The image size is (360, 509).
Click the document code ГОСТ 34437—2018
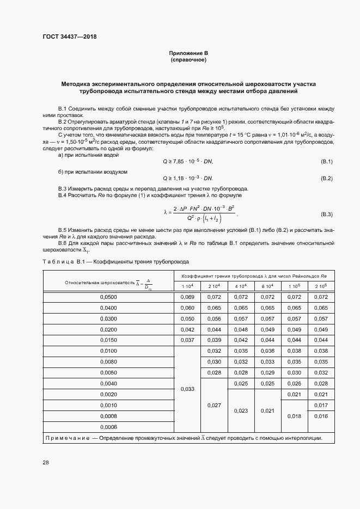click(x=70, y=37)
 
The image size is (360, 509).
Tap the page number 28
click(x=46, y=463)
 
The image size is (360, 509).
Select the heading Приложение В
click(x=188, y=53)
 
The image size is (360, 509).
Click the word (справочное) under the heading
click(x=188, y=60)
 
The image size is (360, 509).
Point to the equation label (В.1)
click(x=325, y=162)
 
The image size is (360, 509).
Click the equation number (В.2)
click(x=325, y=178)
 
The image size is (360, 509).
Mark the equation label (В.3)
click(x=325, y=214)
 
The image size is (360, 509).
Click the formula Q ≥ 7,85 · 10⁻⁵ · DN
click(x=188, y=162)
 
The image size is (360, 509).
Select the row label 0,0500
click(x=108, y=297)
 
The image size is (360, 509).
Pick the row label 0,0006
click(x=108, y=426)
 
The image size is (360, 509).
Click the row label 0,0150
click(x=108, y=340)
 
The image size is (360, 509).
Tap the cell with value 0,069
click(x=187, y=297)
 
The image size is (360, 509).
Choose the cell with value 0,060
click(x=187, y=308)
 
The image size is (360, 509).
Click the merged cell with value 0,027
click(x=214, y=405)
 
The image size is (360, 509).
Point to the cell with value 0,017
click(x=321, y=405)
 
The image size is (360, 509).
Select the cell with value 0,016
click(x=321, y=416)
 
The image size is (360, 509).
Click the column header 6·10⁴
click(x=267, y=286)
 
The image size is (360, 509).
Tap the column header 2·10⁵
click(x=321, y=286)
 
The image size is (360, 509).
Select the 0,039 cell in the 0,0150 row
click(x=214, y=340)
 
